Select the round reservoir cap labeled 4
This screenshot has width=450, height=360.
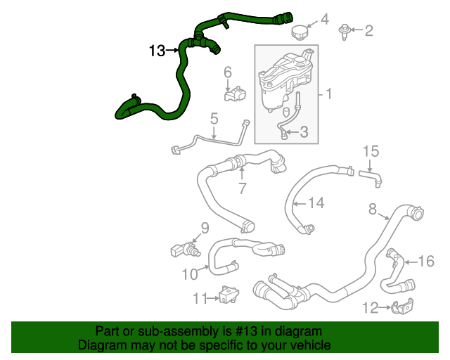tap(300, 33)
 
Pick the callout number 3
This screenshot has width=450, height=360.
tap(304, 131)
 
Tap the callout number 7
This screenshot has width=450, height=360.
tap(242, 188)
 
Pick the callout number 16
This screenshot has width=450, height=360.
tap(427, 262)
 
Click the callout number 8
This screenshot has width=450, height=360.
tap(373, 208)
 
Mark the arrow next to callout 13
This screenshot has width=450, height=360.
tap(172, 51)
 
